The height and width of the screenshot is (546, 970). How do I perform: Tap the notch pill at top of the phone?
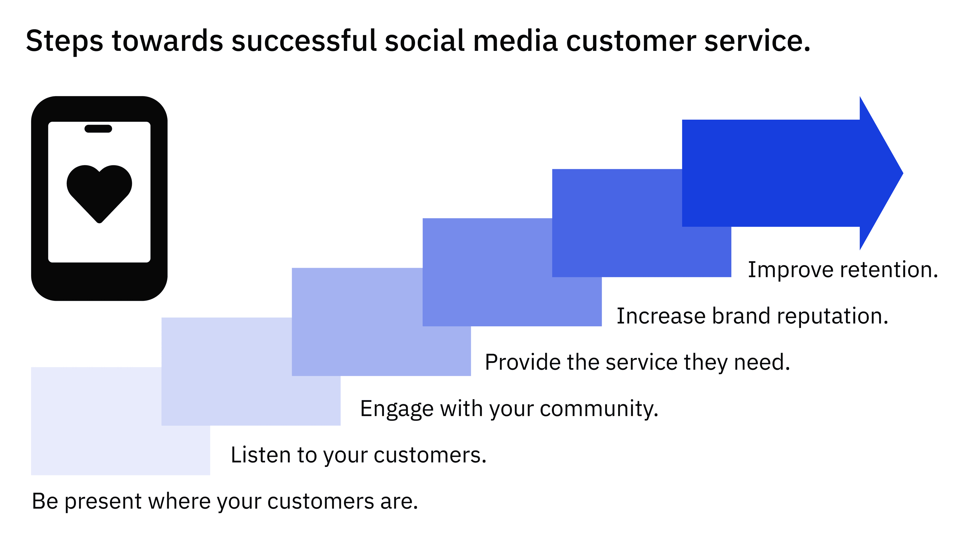click(98, 129)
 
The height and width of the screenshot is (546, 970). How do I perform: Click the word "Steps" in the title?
click(64, 41)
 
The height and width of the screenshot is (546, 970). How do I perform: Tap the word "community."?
click(599, 408)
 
